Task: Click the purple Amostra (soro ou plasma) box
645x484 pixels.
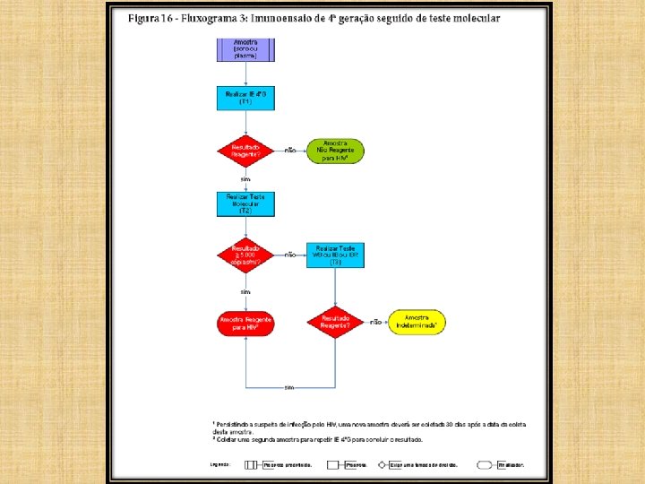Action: click(x=245, y=50)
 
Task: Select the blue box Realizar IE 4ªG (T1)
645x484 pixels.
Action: click(x=245, y=98)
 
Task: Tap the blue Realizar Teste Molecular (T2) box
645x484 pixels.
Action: click(x=245, y=203)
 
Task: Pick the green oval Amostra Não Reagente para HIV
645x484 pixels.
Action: click(x=336, y=151)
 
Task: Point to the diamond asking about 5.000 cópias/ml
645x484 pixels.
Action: click(x=245, y=255)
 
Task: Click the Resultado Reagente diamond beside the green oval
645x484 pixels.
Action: click(x=245, y=151)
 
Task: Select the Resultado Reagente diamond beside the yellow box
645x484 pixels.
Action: click(x=335, y=322)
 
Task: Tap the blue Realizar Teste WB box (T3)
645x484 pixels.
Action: click(x=335, y=255)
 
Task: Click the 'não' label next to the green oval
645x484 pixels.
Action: click(x=290, y=151)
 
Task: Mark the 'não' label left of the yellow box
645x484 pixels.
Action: click(x=376, y=322)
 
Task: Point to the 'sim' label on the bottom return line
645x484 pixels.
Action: click(x=289, y=388)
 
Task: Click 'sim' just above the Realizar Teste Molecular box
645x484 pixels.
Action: click(x=245, y=179)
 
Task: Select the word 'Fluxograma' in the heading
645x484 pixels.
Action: click(x=208, y=19)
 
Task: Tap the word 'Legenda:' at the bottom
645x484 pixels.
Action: click(x=220, y=465)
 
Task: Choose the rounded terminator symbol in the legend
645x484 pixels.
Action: click(x=486, y=465)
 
